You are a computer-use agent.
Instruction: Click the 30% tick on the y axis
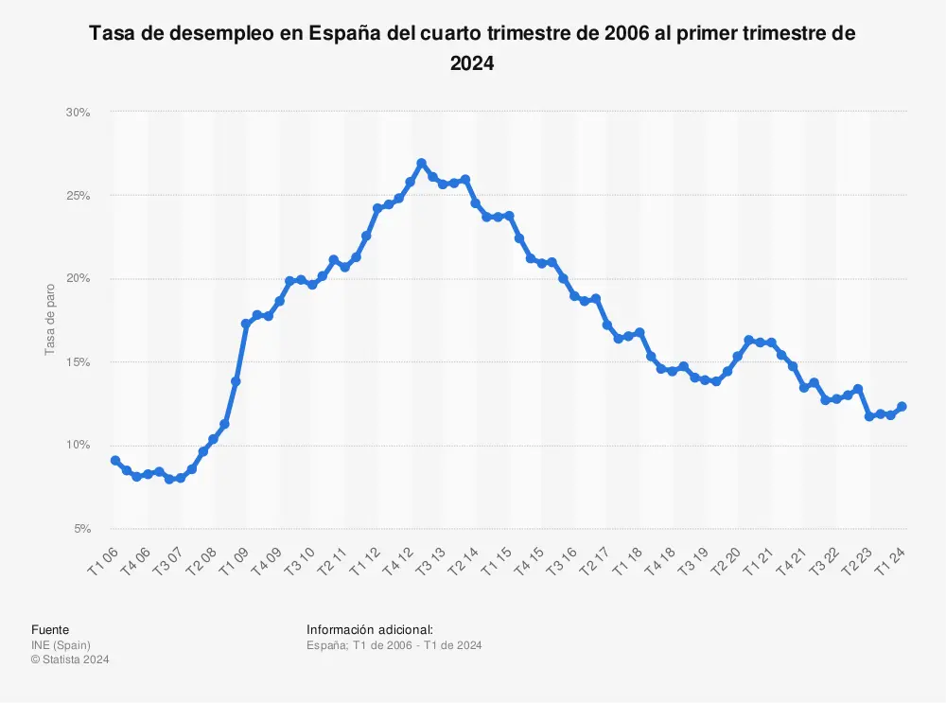tap(78, 113)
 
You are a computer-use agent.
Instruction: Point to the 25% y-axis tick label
tap(78, 196)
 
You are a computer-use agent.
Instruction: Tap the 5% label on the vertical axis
tap(80, 529)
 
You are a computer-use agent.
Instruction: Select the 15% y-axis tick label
tap(78, 362)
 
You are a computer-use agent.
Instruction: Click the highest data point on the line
tap(422, 164)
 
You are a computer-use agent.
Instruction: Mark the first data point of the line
tap(115, 461)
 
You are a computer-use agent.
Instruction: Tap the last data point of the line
tap(902, 407)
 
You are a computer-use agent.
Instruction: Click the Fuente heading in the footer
tap(50, 629)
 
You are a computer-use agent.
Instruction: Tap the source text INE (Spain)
tap(61, 645)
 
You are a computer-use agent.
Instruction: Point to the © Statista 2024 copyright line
tap(70, 659)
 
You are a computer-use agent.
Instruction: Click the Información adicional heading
tap(370, 629)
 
